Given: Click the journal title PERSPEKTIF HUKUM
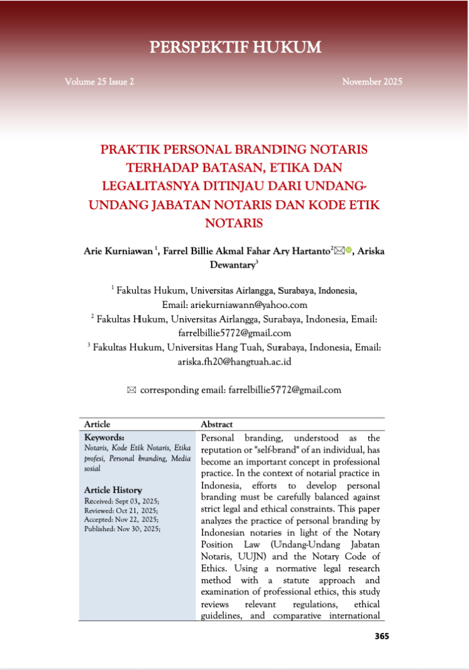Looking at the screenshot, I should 235,47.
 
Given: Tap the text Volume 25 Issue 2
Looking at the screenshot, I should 99,82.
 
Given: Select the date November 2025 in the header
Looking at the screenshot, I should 372,82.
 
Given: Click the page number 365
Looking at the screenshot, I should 382,636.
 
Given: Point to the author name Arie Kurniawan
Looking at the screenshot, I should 118,251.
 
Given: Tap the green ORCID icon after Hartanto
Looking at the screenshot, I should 349,251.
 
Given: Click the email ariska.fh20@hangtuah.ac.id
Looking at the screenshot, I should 234,361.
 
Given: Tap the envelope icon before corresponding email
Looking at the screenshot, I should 131,390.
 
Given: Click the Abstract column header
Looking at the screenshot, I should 216,424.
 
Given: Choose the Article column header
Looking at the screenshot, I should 97,424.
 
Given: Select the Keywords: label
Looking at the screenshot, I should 104,437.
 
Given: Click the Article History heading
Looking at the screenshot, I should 113,490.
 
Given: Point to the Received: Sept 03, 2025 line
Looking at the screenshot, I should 121,501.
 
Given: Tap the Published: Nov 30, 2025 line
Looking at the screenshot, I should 122,529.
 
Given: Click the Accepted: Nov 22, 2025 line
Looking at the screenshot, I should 121,520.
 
